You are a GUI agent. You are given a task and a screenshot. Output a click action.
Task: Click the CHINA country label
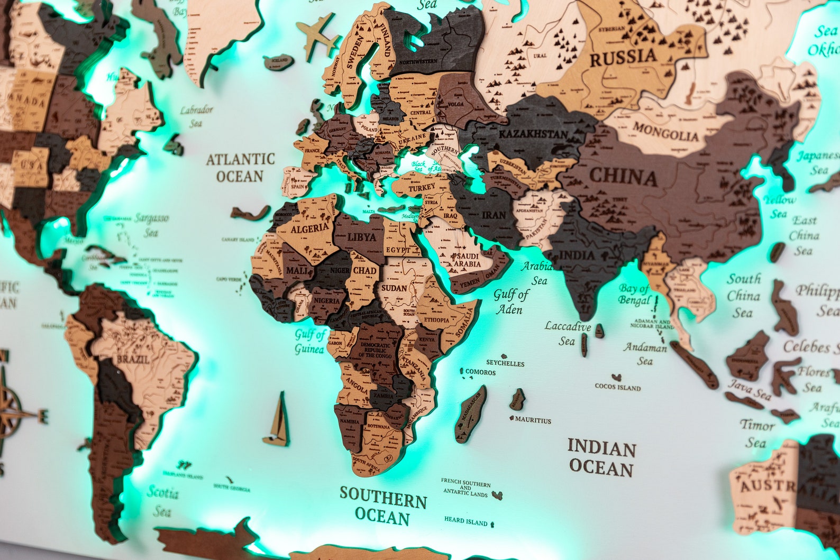tap(623, 177)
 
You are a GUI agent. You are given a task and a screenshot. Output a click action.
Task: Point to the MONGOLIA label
tap(666, 132)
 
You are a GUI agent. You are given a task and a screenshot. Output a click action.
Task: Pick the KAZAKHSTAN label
tap(533, 134)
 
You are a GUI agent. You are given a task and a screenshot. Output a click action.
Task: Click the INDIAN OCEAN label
tap(601, 458)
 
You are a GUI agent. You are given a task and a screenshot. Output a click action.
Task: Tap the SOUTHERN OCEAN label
tap(383, 506)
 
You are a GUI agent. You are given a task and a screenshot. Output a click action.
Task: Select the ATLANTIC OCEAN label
tap(240, 167)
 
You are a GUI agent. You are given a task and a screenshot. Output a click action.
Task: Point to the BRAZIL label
tap(125, 359)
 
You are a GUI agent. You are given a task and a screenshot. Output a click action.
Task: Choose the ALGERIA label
tap(309, 228)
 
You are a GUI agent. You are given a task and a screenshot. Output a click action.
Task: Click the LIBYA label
tap(362, 237)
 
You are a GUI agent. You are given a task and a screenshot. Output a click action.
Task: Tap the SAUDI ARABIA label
tap(465, 260)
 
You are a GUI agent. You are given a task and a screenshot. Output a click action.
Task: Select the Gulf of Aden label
tap(510, 301)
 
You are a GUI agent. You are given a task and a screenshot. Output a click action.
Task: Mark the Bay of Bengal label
tap(635, 295)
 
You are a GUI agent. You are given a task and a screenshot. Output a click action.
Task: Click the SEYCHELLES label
tap(505, 363)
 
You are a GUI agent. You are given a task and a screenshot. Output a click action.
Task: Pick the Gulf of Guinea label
tap(310, 342)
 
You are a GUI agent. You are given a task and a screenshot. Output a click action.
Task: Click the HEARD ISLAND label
tap(465, 521)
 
